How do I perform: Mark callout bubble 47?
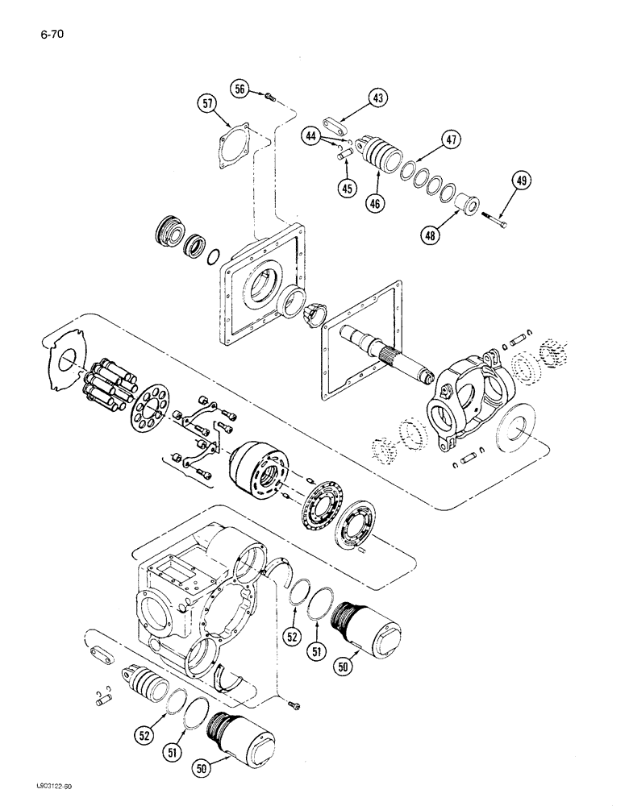tap(451, 140)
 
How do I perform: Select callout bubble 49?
tap(521, 183)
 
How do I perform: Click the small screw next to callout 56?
tap(269, 97)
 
